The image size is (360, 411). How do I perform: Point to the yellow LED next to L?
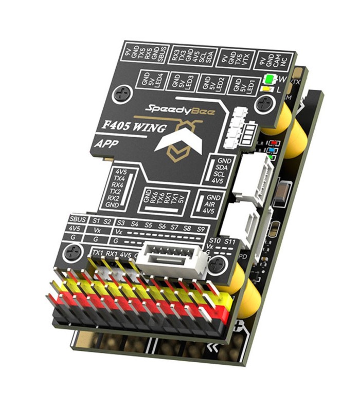pyautogui.click(x=266, y=89)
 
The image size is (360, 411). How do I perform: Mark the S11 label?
pyautogui.click(x=230, y=240)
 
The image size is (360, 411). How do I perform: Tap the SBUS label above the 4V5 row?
pyautogui.click(x=78, y=219)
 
